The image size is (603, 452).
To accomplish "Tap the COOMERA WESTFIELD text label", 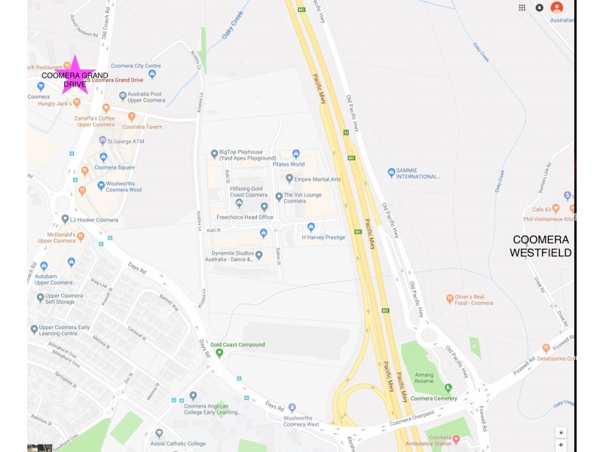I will click(540, 246).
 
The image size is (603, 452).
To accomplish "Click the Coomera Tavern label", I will click(143, 127).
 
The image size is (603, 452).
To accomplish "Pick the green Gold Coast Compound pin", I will click(219, 353).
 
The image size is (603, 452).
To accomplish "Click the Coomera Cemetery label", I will click(433, 398).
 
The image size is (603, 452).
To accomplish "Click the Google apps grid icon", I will click(522, 8).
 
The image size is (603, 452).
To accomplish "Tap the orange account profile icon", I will click(556, 8).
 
